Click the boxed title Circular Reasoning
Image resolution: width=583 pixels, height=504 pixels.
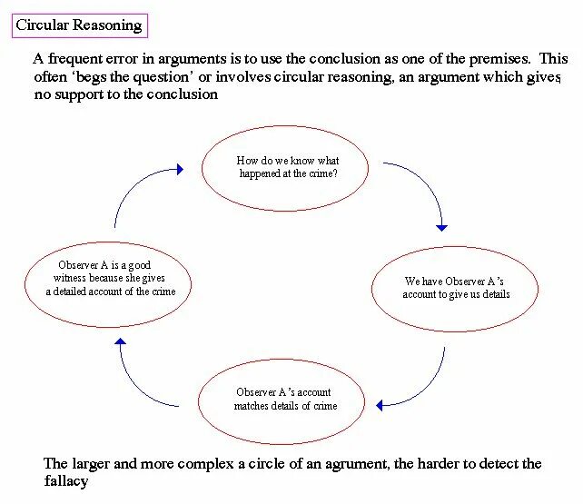[80, 25]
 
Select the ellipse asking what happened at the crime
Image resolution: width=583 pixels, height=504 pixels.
[285, 126]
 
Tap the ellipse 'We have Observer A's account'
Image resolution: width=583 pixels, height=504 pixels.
[455, 247]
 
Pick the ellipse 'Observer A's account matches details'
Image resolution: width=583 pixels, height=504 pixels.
[282, 360]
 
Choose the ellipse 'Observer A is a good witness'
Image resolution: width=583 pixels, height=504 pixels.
[108, 242]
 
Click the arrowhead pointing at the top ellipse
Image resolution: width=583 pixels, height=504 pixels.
[181, 170]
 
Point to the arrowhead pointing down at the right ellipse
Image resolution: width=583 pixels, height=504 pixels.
[441, 228]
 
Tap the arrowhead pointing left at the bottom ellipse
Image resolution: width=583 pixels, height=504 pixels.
[380, 405]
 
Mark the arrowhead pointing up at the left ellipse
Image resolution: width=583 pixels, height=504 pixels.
[120, 341]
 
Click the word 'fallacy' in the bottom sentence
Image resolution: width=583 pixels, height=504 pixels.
[66, 481]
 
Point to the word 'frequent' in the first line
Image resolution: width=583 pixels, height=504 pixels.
[75, 59]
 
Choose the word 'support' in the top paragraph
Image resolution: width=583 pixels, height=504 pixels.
[79, 95]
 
